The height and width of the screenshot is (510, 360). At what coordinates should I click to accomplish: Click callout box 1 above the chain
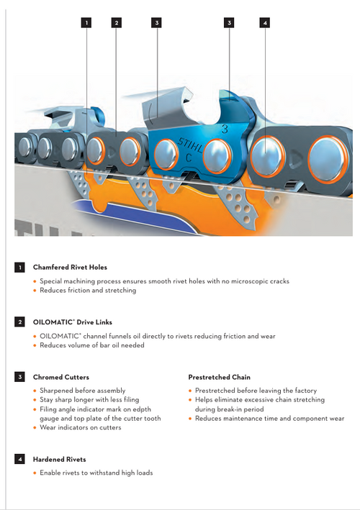tap(86, 23)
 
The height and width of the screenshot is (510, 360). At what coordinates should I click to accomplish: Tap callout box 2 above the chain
tap(116, 23)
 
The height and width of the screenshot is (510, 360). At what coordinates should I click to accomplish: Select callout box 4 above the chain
tap(265, 23)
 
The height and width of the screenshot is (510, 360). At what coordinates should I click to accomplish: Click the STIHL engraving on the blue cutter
tap(190, 145)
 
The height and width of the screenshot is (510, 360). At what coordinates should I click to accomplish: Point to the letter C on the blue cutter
tap(189, 158)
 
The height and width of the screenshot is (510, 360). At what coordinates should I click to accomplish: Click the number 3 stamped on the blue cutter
tap(225, 129)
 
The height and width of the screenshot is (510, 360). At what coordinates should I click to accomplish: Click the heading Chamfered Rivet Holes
tap(70, 268)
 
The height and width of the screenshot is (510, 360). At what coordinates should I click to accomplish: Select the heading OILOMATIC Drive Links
tap(73, 322)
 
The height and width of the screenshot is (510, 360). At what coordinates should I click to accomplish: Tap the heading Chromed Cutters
tap(61, 378)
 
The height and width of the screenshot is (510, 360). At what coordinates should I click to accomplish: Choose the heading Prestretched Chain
tap(220, 378)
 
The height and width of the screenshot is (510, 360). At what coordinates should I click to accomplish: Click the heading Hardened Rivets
tap(60, 460)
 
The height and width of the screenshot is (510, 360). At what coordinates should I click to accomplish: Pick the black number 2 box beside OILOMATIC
tap(19, 322)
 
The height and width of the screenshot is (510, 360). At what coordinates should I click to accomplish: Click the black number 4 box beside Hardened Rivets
tap(19, 459)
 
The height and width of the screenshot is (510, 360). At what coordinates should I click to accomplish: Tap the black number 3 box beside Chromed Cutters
tap(19, 377)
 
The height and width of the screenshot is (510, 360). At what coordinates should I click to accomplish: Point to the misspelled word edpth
tap(142, 409)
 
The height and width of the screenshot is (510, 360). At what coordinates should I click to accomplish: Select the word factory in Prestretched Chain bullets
tap(305, 391)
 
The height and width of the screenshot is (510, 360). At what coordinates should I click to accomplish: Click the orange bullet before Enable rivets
tap(35, 473)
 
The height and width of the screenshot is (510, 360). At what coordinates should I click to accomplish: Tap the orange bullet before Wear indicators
tap(35, 428)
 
